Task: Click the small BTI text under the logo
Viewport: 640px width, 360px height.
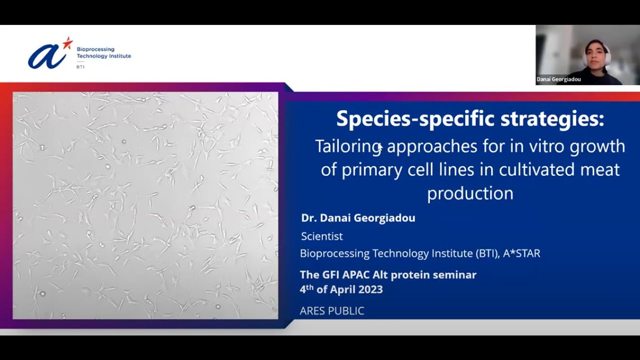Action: coord(80,67)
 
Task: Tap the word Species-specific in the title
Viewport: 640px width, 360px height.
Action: coord(415,119)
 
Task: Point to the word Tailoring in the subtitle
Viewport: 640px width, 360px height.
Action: coord(348,147)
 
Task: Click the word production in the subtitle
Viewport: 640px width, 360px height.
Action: coord(470,193)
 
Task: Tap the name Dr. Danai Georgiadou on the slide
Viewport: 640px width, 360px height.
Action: coord(358,218)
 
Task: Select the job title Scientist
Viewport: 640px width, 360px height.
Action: coord(321,236)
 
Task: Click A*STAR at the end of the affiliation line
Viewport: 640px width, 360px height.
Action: coord(521,253)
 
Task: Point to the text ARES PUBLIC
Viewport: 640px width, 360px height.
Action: coord(332,310)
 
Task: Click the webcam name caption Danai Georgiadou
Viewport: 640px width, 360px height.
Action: coord(558,79)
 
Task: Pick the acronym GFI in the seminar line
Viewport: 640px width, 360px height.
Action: coord(331,275)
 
